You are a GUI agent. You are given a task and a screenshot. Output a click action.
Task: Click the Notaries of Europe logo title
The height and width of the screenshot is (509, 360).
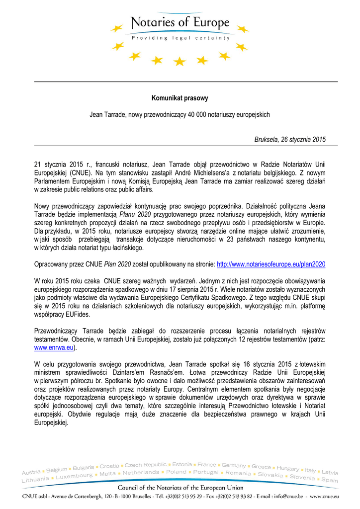coord(180,23)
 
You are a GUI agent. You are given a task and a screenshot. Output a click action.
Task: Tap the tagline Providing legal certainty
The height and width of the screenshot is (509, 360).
coord(180,38)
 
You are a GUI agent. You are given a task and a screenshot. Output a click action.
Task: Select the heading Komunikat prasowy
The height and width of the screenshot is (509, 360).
coord(180,98)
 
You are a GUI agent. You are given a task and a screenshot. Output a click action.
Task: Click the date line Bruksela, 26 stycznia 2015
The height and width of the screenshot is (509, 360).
coord(290,140)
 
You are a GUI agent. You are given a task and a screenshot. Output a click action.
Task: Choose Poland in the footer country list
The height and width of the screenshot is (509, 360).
coord(176,472)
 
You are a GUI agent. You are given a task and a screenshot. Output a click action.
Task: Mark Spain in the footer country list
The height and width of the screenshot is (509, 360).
coord(330,480)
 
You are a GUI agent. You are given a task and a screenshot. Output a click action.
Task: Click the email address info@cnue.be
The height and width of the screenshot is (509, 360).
coord(287,496)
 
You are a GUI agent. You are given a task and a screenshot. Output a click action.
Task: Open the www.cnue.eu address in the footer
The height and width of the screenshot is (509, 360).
coord(323,496)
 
